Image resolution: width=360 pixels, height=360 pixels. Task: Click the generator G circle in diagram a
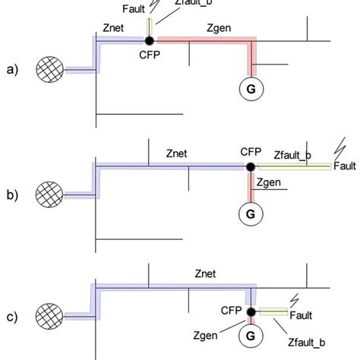click(x=248, y=89)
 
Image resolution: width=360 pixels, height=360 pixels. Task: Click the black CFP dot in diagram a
click(x=150, y=39)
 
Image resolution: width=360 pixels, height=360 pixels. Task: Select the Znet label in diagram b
click(x=181, y=153)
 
